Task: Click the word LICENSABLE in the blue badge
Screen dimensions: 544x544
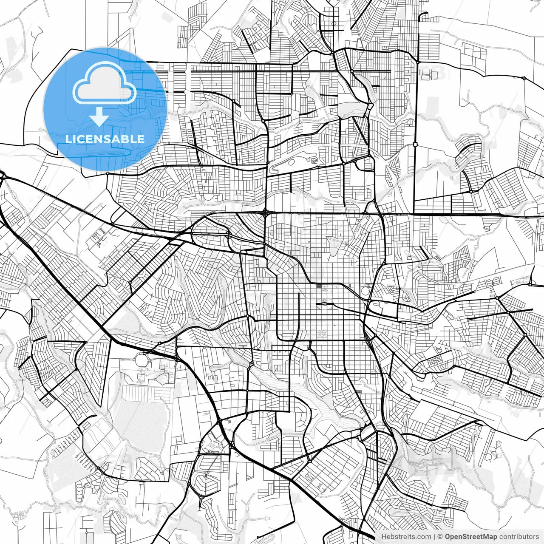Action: (x=105, y=139)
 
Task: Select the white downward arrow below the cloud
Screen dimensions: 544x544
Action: (x=99, y=117)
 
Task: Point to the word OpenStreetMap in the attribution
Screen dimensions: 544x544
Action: (x=471, y=537)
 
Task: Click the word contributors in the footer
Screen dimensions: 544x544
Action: (x=519, y=537)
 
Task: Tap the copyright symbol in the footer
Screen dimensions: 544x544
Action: (x=440, y=537)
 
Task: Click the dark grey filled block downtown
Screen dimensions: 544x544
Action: (x=319, y=286)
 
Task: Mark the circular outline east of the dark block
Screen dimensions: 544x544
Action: (x=365, y=291)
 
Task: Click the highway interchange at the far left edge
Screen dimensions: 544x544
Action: (x=2, y=175)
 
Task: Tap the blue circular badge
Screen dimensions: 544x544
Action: (x=105, y=110)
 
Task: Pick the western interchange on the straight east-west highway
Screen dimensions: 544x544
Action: (x=265, y=211)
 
